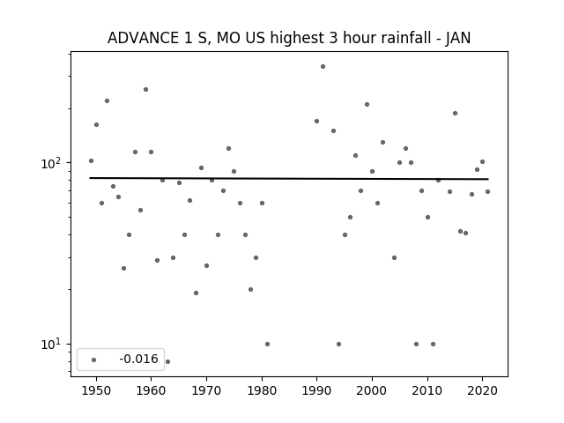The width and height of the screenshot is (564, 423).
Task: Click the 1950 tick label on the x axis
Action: (96, 390)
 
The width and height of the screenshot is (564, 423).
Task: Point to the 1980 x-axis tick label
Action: (262, 390)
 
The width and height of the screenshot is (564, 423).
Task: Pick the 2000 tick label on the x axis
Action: (372, 390)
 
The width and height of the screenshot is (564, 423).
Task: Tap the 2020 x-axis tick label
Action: (482, 390)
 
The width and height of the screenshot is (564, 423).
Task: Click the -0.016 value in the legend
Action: (138, 359)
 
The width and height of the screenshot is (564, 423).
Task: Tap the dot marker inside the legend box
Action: (94, 360)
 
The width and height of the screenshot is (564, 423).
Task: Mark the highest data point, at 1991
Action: (323, 67)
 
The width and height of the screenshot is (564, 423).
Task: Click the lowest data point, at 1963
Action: (167, 361)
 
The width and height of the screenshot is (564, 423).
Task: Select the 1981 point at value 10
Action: (267, 345)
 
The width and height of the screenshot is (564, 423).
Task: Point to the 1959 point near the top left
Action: (145, 90)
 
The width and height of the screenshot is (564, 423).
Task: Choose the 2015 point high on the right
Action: (455, 114)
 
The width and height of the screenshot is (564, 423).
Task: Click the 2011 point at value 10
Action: (433, 345)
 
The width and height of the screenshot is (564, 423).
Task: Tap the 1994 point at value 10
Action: (338, 345)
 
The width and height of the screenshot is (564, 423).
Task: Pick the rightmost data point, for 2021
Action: (487, 192)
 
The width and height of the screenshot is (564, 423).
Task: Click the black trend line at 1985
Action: (290, 178)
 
